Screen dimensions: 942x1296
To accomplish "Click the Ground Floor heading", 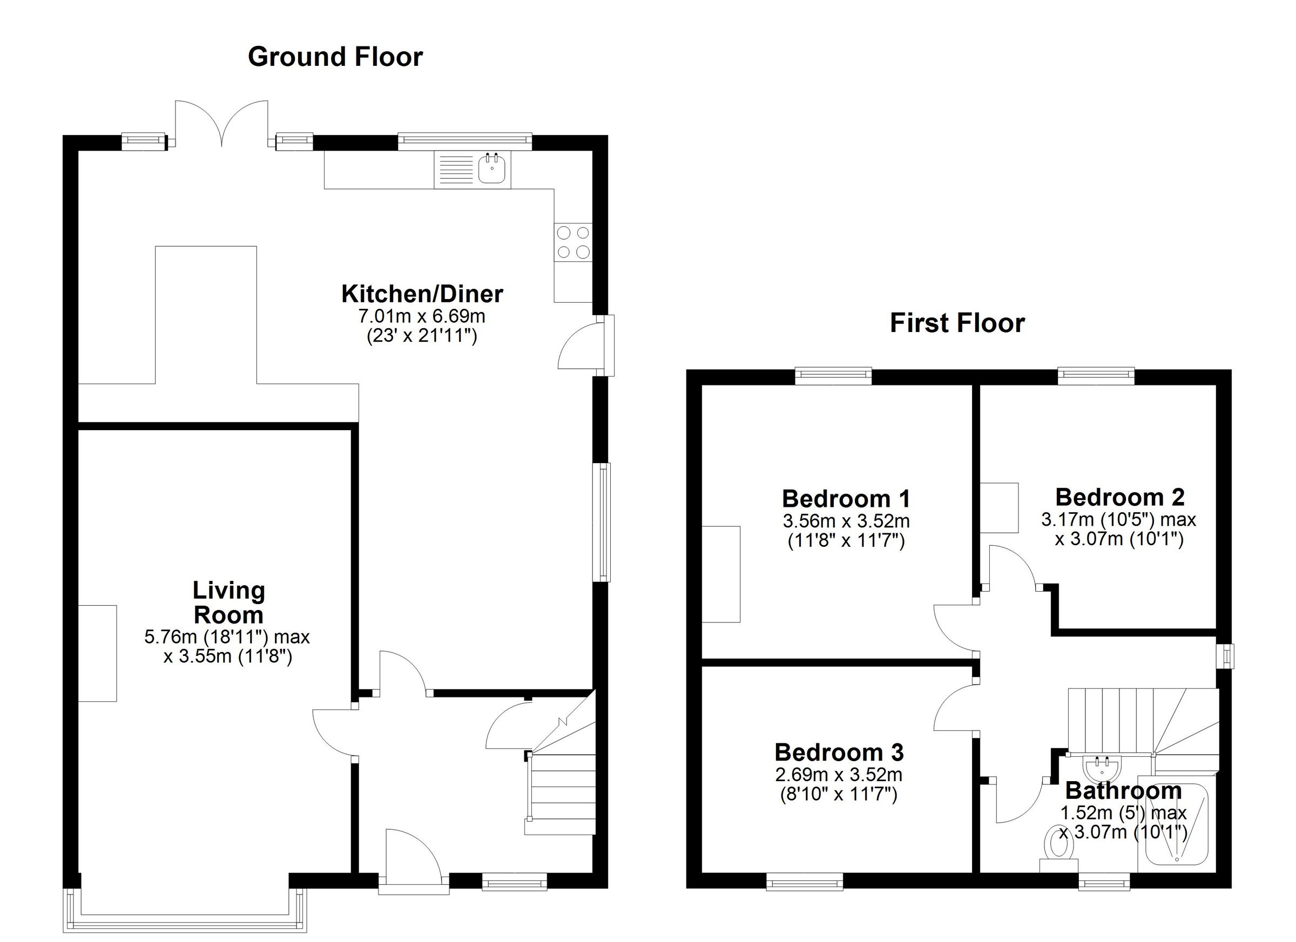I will click(335, 57).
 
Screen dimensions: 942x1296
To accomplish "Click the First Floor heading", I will click(957, 323).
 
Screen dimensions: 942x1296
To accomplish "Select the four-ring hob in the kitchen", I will click(573, 242).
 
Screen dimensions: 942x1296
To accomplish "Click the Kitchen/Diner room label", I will click(422, 294).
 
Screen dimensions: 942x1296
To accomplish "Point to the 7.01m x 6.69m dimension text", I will click(422, 315).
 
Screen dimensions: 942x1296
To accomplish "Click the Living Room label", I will click(228, 602).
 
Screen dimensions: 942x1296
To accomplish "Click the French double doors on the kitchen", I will click(221, 123).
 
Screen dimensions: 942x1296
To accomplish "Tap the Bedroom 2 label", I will click(1119, 497).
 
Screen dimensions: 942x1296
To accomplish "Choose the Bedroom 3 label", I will click(839, 753).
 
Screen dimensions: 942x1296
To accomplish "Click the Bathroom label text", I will click(1123, 791).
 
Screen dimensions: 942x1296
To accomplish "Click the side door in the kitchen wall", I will click(580, 345).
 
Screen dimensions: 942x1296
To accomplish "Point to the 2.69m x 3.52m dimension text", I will click(838, 775).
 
